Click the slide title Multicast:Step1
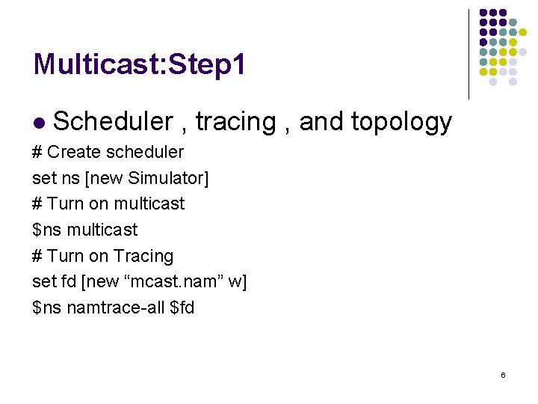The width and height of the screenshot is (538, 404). [x=139, y=65]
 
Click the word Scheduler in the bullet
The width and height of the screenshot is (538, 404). [x=113, y=121]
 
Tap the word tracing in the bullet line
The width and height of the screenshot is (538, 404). [x=235, y=121]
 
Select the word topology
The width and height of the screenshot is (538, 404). [x=401, y=121]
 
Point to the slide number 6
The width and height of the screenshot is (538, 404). [x=503, y=374]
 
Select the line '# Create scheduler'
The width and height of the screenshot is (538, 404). [x=108, y=152]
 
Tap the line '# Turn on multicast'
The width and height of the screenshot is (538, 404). [x=108, y=203]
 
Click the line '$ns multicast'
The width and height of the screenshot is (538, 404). [x=85, y=230]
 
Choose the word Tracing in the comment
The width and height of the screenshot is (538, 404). [x=143, y=256]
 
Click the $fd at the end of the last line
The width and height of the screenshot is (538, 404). [x=182, y=307]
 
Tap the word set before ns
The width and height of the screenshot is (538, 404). [x=43, y=178]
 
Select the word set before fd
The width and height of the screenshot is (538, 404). [x=43, y=281]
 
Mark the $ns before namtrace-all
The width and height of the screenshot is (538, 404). [x=47, y=307]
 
